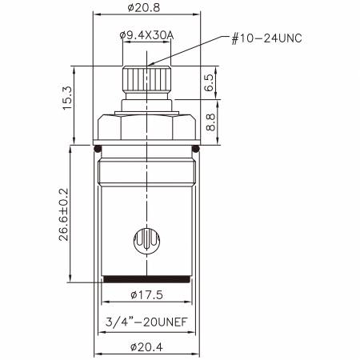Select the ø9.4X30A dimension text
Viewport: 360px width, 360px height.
[146, 35]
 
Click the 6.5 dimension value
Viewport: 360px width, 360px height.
[210, 82]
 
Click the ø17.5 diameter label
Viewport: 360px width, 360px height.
[146, 294]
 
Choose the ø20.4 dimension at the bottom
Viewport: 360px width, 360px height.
[146, 347]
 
